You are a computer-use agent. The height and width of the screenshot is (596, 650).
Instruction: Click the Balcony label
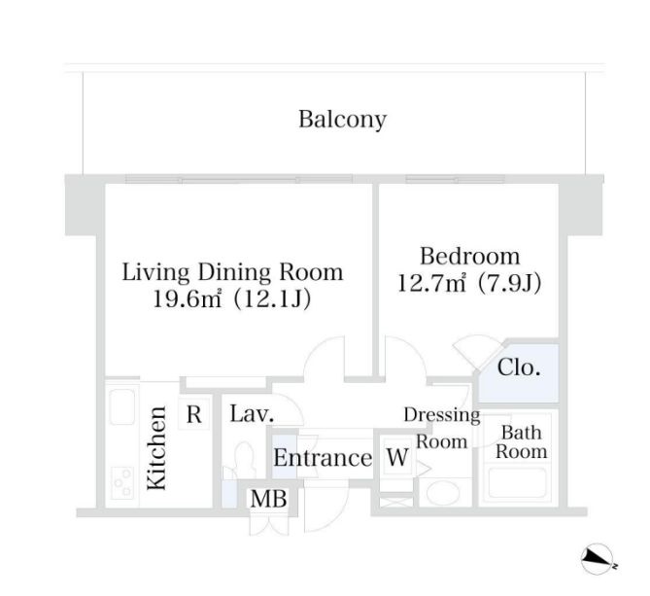point(342,120)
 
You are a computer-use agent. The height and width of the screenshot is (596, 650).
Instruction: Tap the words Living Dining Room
point(232,272)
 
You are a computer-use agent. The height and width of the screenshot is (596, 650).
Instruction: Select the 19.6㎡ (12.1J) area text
point(232,298)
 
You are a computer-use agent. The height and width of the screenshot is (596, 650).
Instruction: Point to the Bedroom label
point(469,256)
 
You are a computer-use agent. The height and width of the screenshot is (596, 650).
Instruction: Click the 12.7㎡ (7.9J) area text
point(469,283)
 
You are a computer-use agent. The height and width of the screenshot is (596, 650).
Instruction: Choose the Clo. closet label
point(519,368)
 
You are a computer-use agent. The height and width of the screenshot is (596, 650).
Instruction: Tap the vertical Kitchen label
point(157,448)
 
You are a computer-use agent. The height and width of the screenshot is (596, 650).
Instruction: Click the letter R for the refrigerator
point(194,414)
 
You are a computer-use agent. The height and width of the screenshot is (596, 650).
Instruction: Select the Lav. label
point(252,414)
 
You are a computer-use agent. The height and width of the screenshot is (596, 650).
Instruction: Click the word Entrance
point(323,458)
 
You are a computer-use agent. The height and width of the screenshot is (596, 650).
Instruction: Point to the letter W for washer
point(397,457)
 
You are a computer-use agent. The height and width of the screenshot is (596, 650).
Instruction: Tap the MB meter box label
point(268,499)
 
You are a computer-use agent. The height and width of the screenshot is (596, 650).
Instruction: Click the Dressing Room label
point(442,428)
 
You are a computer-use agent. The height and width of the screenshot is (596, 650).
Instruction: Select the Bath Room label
point(522,442)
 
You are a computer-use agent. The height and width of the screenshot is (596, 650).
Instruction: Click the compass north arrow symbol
point(598,559)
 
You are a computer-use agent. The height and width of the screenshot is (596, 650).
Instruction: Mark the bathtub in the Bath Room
point(518,482)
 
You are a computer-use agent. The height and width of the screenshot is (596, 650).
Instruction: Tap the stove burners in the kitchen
point(123,483)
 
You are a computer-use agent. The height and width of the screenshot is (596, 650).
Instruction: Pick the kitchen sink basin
point(121,406)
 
